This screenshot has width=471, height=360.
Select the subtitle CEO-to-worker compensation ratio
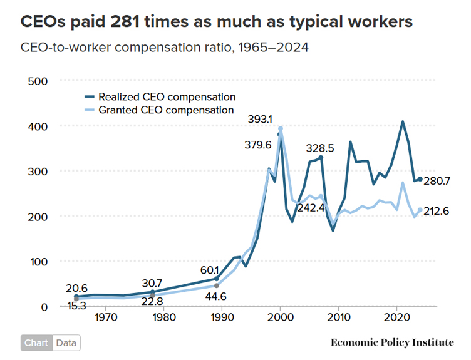[164, 48]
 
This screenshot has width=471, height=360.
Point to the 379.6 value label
[258, 145]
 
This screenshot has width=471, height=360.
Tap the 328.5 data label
[320, 148]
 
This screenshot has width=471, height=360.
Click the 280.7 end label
[437, 181]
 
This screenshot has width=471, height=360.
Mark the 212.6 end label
[437, 211]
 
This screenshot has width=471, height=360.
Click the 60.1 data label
[209, 270]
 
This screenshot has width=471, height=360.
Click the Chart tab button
[36, 343]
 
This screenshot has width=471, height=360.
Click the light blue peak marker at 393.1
[281, 129]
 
